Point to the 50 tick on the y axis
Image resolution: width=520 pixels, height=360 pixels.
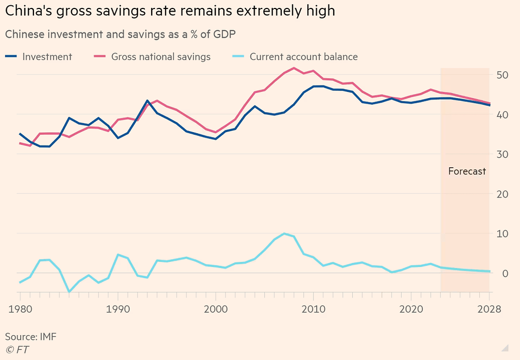point(503,75)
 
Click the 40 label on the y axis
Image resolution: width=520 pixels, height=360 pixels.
point(503,115)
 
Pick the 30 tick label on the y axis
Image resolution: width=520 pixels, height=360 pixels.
point(503,155)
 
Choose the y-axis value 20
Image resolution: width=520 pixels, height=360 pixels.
point(503,194)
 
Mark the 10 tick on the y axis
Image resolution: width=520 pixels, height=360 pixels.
point(503,234)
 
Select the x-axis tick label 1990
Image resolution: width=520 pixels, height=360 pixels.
point(118,309)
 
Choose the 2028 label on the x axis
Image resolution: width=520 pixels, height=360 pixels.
point(489,309)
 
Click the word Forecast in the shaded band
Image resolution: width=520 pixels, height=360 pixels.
point(467,172)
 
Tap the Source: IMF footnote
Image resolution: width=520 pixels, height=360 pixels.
point(31,337)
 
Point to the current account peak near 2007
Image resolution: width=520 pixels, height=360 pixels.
point(284,234)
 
